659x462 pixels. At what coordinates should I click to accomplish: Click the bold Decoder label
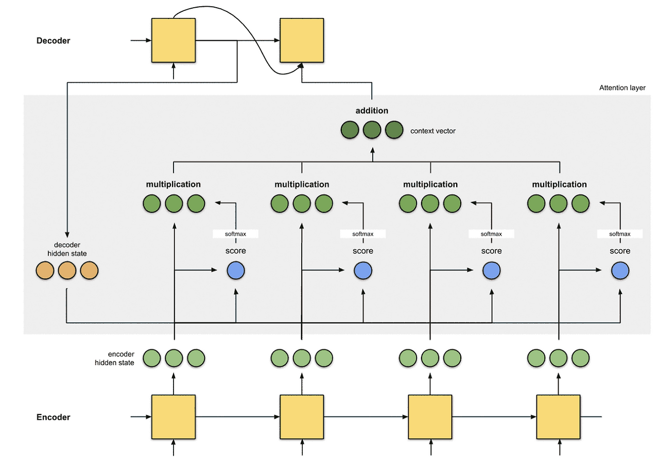point(53,41)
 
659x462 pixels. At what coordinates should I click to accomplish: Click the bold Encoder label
point(53,417)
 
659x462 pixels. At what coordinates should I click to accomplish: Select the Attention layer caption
point(622,88)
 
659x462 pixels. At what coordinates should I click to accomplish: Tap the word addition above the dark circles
point(372,111)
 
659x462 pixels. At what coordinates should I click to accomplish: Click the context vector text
point(432,131)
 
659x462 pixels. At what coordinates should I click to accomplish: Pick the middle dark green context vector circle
point(372,130)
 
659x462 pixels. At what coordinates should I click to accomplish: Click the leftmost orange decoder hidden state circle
point(45,271)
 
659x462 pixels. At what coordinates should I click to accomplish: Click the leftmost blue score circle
point(236,271)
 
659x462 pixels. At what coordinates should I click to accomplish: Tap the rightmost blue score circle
point(620,271)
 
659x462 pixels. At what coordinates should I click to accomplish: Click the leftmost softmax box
point(236,234)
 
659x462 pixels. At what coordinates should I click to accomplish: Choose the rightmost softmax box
point(620,234)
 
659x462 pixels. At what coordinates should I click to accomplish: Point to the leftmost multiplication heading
point(173,184)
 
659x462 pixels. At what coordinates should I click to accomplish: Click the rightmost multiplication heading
point(559,184)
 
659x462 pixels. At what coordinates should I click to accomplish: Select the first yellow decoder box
point(174,40)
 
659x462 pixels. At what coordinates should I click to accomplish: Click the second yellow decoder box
point(302,40)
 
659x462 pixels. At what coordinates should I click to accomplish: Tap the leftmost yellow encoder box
point(174,417)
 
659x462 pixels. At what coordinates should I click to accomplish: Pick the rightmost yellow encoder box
point(559,417)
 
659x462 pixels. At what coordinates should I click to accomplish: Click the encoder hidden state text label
point(114,358)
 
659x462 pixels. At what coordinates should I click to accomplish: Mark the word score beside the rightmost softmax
point(620,251)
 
